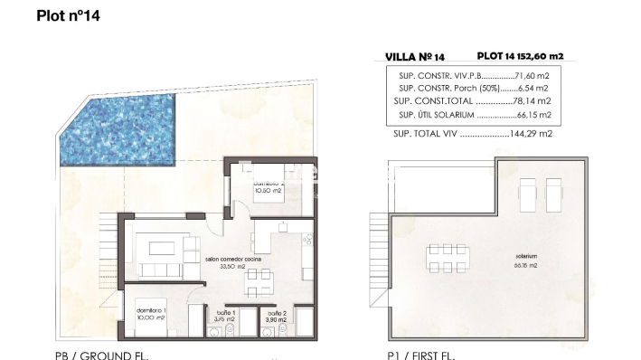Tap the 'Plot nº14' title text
[69, 15]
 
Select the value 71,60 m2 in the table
[533, 76]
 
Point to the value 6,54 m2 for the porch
[533, 89]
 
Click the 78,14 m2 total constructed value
[533, 102]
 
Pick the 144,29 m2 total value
[532, 133]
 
